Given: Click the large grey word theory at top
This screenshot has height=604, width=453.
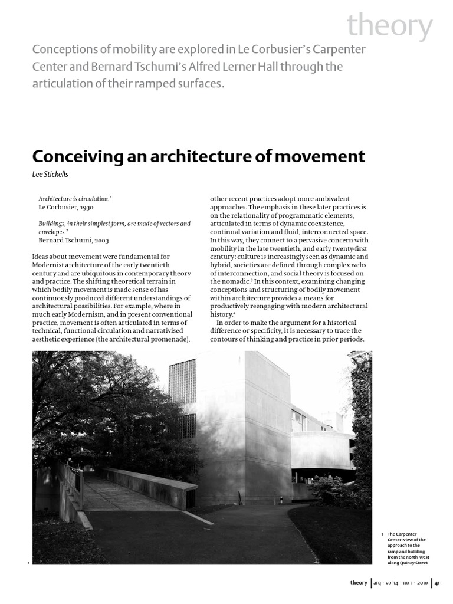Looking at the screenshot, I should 389,27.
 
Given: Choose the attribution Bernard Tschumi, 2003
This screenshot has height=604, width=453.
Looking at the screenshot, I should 74,240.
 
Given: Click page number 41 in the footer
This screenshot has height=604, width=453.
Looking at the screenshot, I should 438,583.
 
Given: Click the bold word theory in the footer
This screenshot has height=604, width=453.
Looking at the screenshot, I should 359,583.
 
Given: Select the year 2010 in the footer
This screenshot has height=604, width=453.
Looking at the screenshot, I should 421,583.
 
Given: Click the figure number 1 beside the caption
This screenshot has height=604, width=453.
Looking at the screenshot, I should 382,534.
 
